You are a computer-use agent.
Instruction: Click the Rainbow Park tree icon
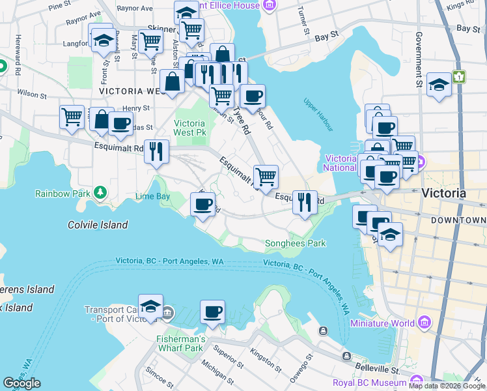(x=100, y=193)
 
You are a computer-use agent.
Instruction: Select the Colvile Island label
(x=98, y=225)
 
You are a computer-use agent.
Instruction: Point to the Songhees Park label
(x=295, y=244)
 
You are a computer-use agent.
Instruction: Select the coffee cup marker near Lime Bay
(x=202, y=205)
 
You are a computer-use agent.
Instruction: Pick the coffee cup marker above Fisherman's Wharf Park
(x=212, y=311)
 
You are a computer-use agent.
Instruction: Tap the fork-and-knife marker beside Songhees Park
(x=304, y=203)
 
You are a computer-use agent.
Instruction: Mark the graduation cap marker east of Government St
(x=439, y=85)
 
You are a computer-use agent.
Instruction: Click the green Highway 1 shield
(x=460, y=77)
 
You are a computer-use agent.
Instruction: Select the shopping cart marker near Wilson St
(x=72, y=117)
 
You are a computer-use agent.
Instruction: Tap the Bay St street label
(x=467, y=29)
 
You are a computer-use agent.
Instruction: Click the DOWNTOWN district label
(x=462, y=221)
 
